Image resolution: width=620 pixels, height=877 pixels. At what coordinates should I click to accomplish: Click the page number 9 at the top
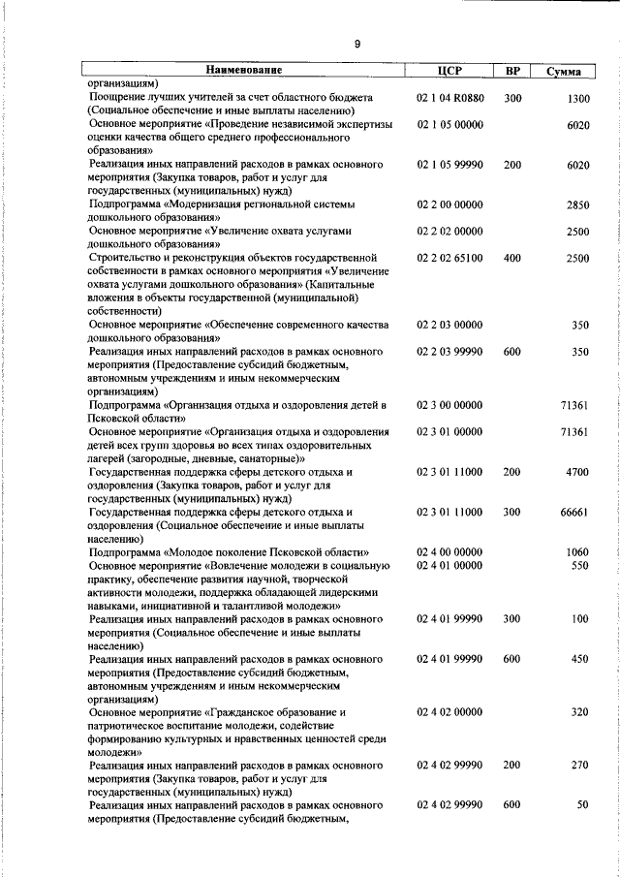click(x=357, y=45)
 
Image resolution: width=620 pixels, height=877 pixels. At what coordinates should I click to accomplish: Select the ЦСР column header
click(x=449, y=71)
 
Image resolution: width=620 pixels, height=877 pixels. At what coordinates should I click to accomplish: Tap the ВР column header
click(x=512, y=71)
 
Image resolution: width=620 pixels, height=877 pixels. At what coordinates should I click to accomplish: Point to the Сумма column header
click(x=563, y=72)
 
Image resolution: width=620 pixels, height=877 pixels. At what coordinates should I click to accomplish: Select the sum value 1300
click(x=577, y=99)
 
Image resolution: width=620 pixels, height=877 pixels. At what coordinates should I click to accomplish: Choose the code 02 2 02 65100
click(x=449, y=258)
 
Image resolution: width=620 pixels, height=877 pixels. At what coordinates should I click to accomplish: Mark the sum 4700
click(x=577, y=471)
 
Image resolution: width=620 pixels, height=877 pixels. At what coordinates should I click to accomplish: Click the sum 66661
click(x=574, y=511)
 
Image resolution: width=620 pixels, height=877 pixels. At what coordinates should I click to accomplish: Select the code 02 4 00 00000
click(x=449, y=551)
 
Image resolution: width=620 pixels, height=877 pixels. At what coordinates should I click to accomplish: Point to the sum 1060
click(x=577, y=551)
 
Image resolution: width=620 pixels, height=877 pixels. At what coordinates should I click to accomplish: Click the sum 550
click(x=580, y=564)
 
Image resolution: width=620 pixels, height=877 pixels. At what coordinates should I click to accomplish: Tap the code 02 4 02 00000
click(x=449, y=711)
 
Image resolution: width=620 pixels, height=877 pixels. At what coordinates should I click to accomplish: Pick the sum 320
click(x=580, y=711)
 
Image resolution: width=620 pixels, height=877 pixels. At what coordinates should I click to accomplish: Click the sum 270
click(x=580, y=765)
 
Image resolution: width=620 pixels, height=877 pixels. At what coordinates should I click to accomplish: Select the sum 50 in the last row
click(x=583, y=804)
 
